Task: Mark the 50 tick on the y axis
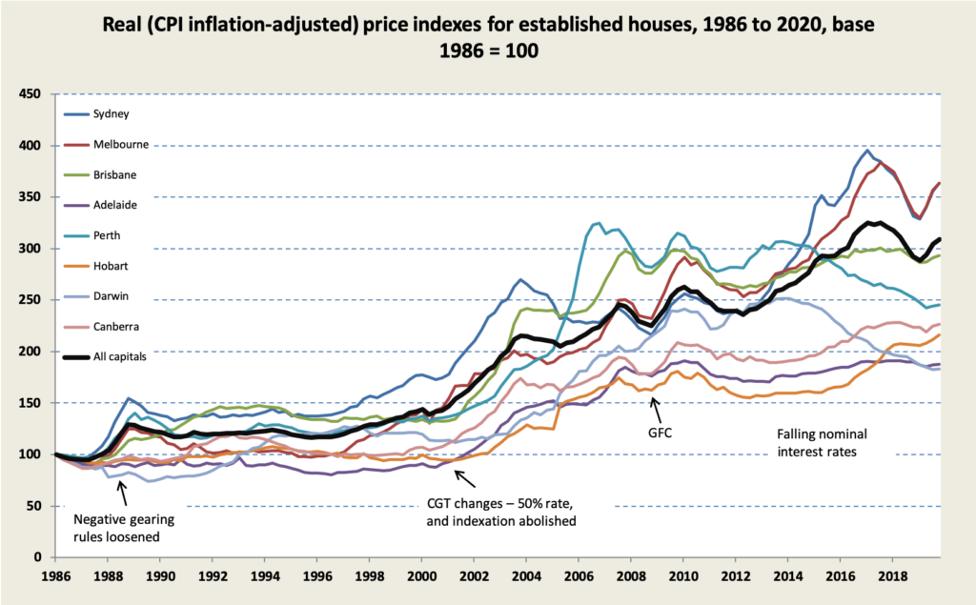34,506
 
